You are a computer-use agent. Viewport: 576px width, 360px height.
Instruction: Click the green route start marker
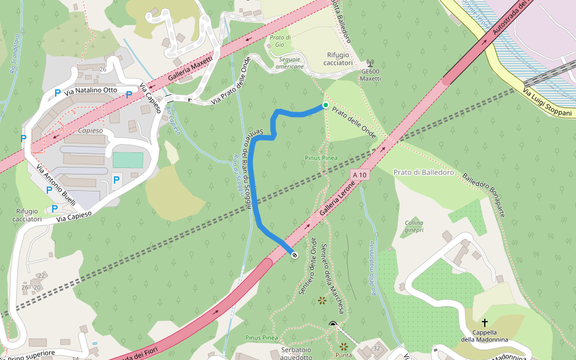pos(325,106)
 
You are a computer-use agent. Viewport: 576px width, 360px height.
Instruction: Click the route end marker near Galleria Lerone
pos(295,255)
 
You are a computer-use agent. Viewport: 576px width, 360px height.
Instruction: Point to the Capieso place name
pos(91,130)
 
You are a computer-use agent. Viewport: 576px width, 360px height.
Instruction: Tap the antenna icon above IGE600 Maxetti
pos(370,62)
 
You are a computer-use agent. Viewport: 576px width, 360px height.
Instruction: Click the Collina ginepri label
pos(414,226)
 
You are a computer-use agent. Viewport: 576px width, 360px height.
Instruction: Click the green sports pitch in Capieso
pos(128,160)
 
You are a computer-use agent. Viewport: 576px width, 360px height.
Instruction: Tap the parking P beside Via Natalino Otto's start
pos(57,93)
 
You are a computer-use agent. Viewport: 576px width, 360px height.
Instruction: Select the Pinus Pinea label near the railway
pos(320,158)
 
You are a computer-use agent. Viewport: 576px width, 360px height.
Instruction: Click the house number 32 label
pos(377,348)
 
